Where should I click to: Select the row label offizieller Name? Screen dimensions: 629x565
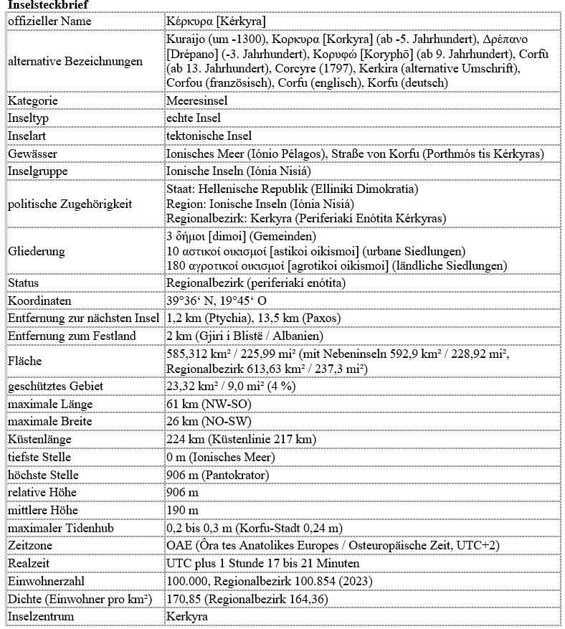tap(49, 21)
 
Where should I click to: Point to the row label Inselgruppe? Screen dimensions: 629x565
tap(39, 171)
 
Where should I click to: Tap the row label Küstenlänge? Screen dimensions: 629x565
tap(40, 439)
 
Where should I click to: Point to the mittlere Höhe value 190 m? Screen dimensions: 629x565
tap(182, 510)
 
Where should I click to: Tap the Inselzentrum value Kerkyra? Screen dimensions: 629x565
tap(186, 617)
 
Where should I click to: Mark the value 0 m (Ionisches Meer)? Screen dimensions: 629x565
tap(219, 457)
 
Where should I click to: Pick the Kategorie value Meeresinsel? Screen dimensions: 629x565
tap(197, 100)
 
